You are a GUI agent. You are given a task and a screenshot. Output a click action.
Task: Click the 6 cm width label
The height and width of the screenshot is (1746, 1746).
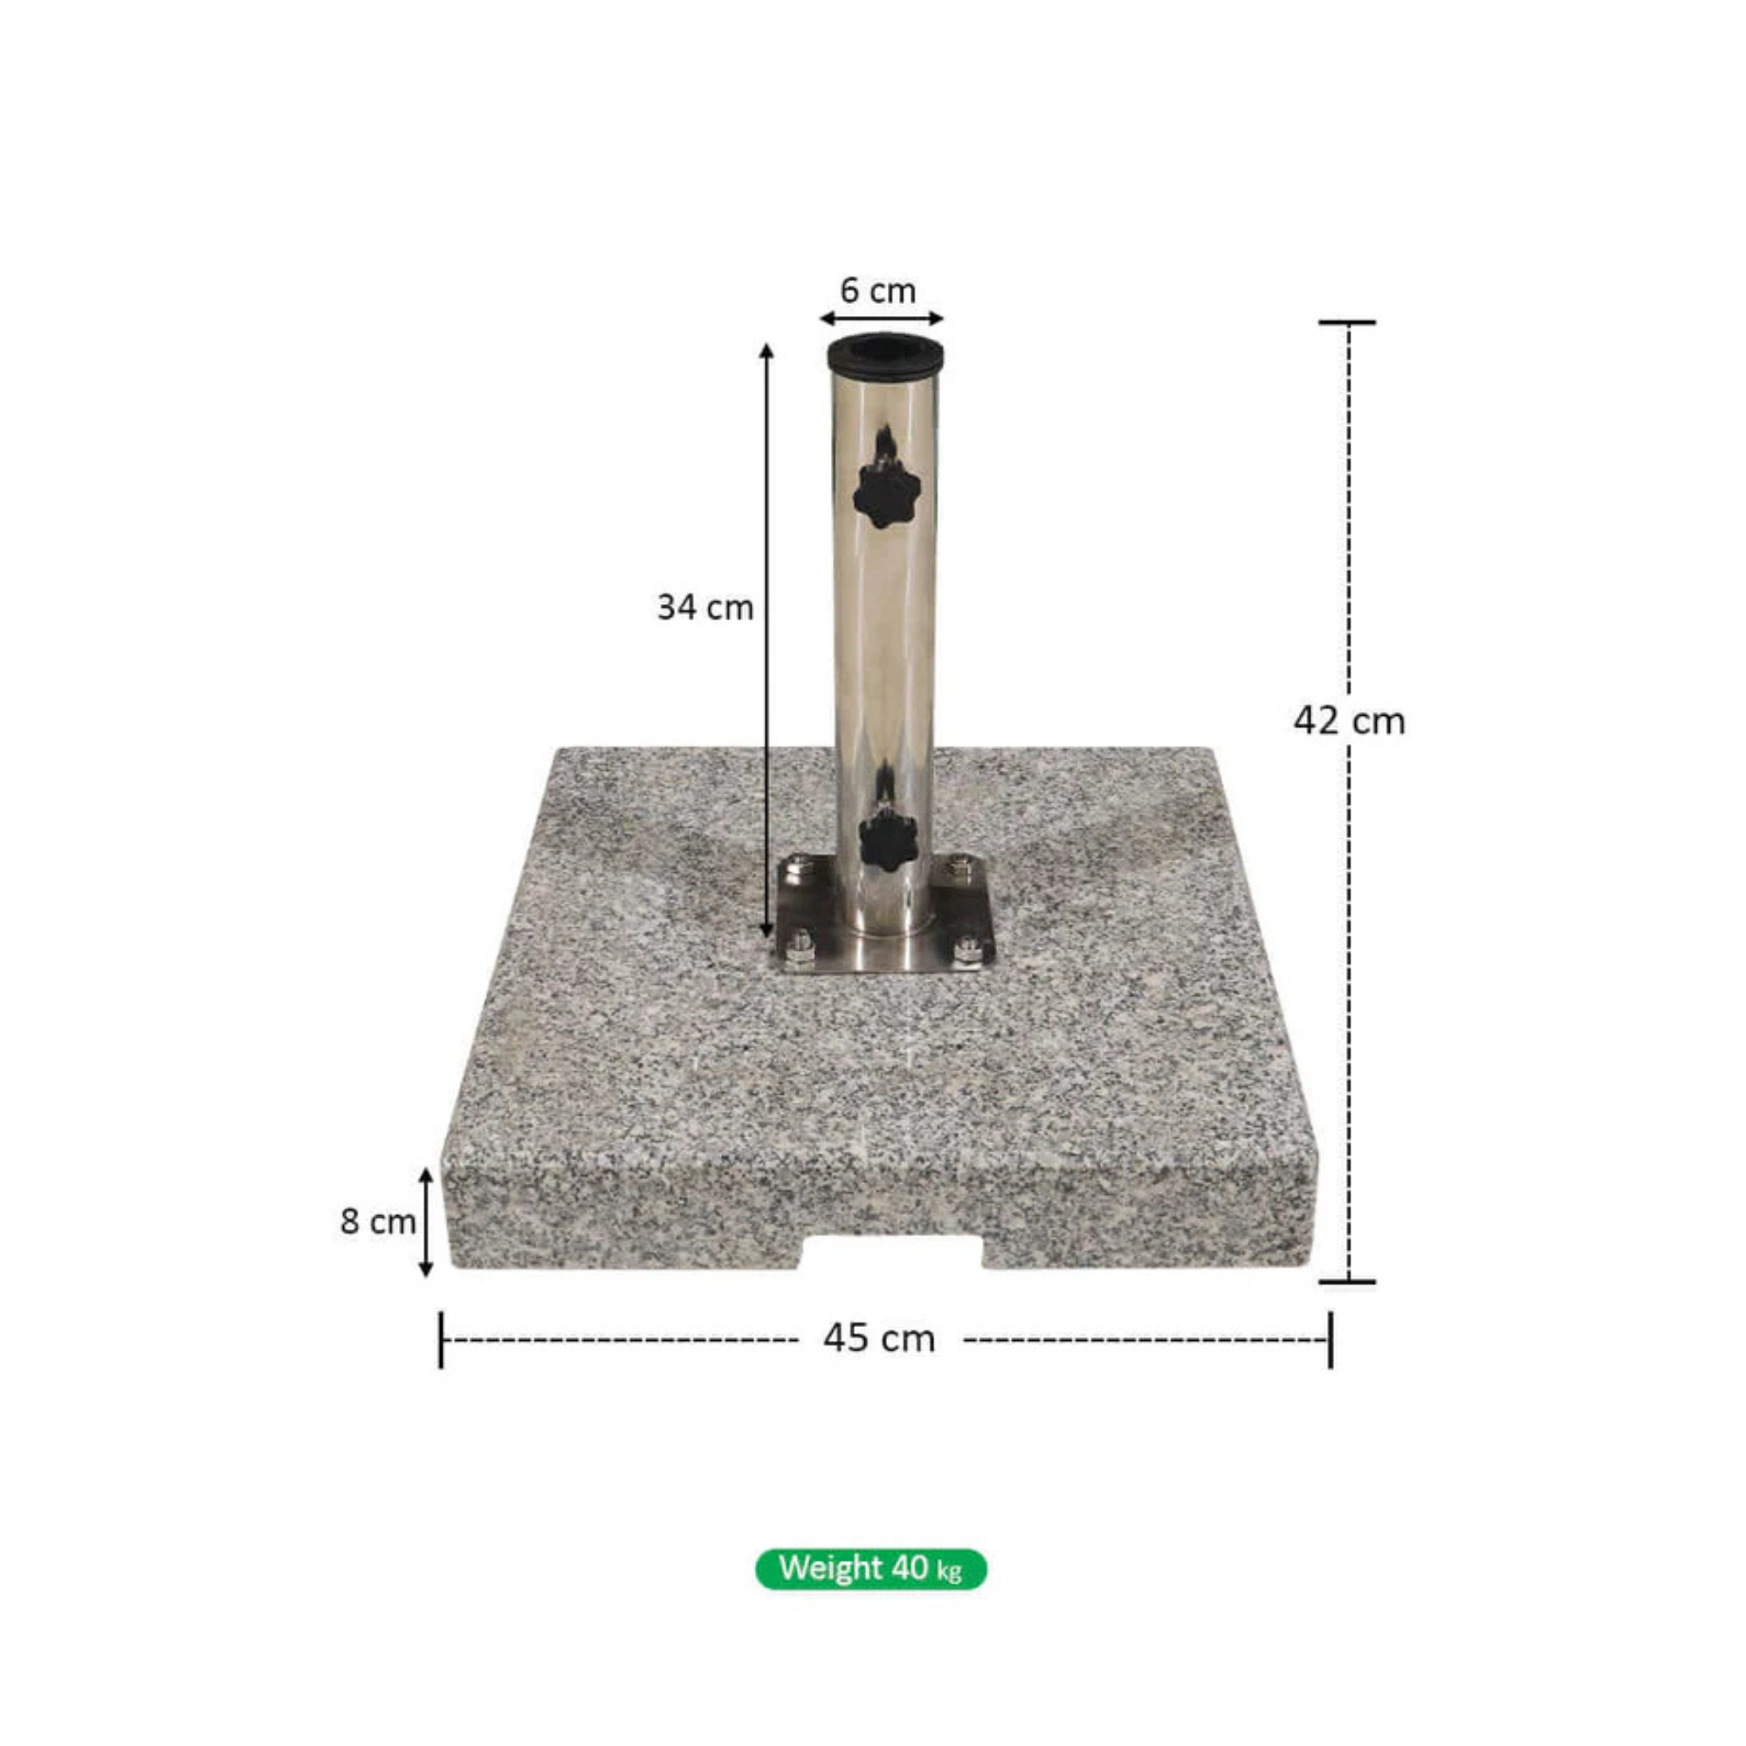tap(877, 291)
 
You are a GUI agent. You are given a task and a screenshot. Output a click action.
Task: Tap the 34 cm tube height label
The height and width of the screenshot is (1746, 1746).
tap(704, 608)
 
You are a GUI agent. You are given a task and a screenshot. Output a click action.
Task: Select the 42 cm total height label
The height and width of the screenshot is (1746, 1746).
tap(1349, 721)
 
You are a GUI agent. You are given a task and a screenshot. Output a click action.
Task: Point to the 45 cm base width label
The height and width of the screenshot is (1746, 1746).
tap(878, 1337)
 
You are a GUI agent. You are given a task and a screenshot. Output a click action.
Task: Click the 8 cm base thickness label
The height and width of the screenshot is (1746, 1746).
tap(377, 1222)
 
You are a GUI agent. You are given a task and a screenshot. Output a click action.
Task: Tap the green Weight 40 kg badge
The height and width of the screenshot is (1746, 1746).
tap(871, 1568)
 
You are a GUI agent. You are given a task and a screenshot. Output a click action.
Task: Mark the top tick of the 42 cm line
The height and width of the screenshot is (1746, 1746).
tap(1347, 323)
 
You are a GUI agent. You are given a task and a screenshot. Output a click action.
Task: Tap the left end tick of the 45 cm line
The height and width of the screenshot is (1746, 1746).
tap(441, 1339)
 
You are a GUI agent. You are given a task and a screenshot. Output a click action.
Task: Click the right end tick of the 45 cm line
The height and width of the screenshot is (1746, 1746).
tap(1330, 1339)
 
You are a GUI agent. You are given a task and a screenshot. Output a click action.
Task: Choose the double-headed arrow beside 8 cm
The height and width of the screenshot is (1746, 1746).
tap(427, 1223)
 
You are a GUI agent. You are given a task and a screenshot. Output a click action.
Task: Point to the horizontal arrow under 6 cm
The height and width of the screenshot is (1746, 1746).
tap(881, 318)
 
